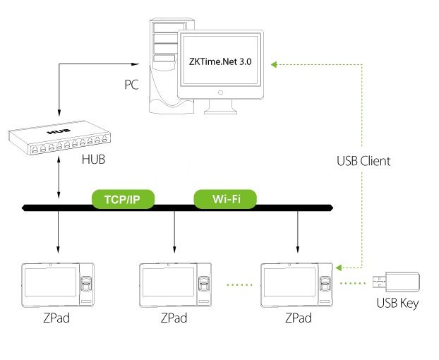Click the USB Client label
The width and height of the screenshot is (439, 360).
coord(363,161)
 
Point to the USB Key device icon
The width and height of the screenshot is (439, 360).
coord(397,283)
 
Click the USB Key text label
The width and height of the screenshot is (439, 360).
coord(397,304)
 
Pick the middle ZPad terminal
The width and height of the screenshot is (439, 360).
coord(176,284)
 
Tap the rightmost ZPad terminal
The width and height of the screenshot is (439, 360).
coord(297,284)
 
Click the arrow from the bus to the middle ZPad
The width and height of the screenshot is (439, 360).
coord(175,234)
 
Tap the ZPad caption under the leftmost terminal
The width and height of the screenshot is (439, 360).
coord(54,318)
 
